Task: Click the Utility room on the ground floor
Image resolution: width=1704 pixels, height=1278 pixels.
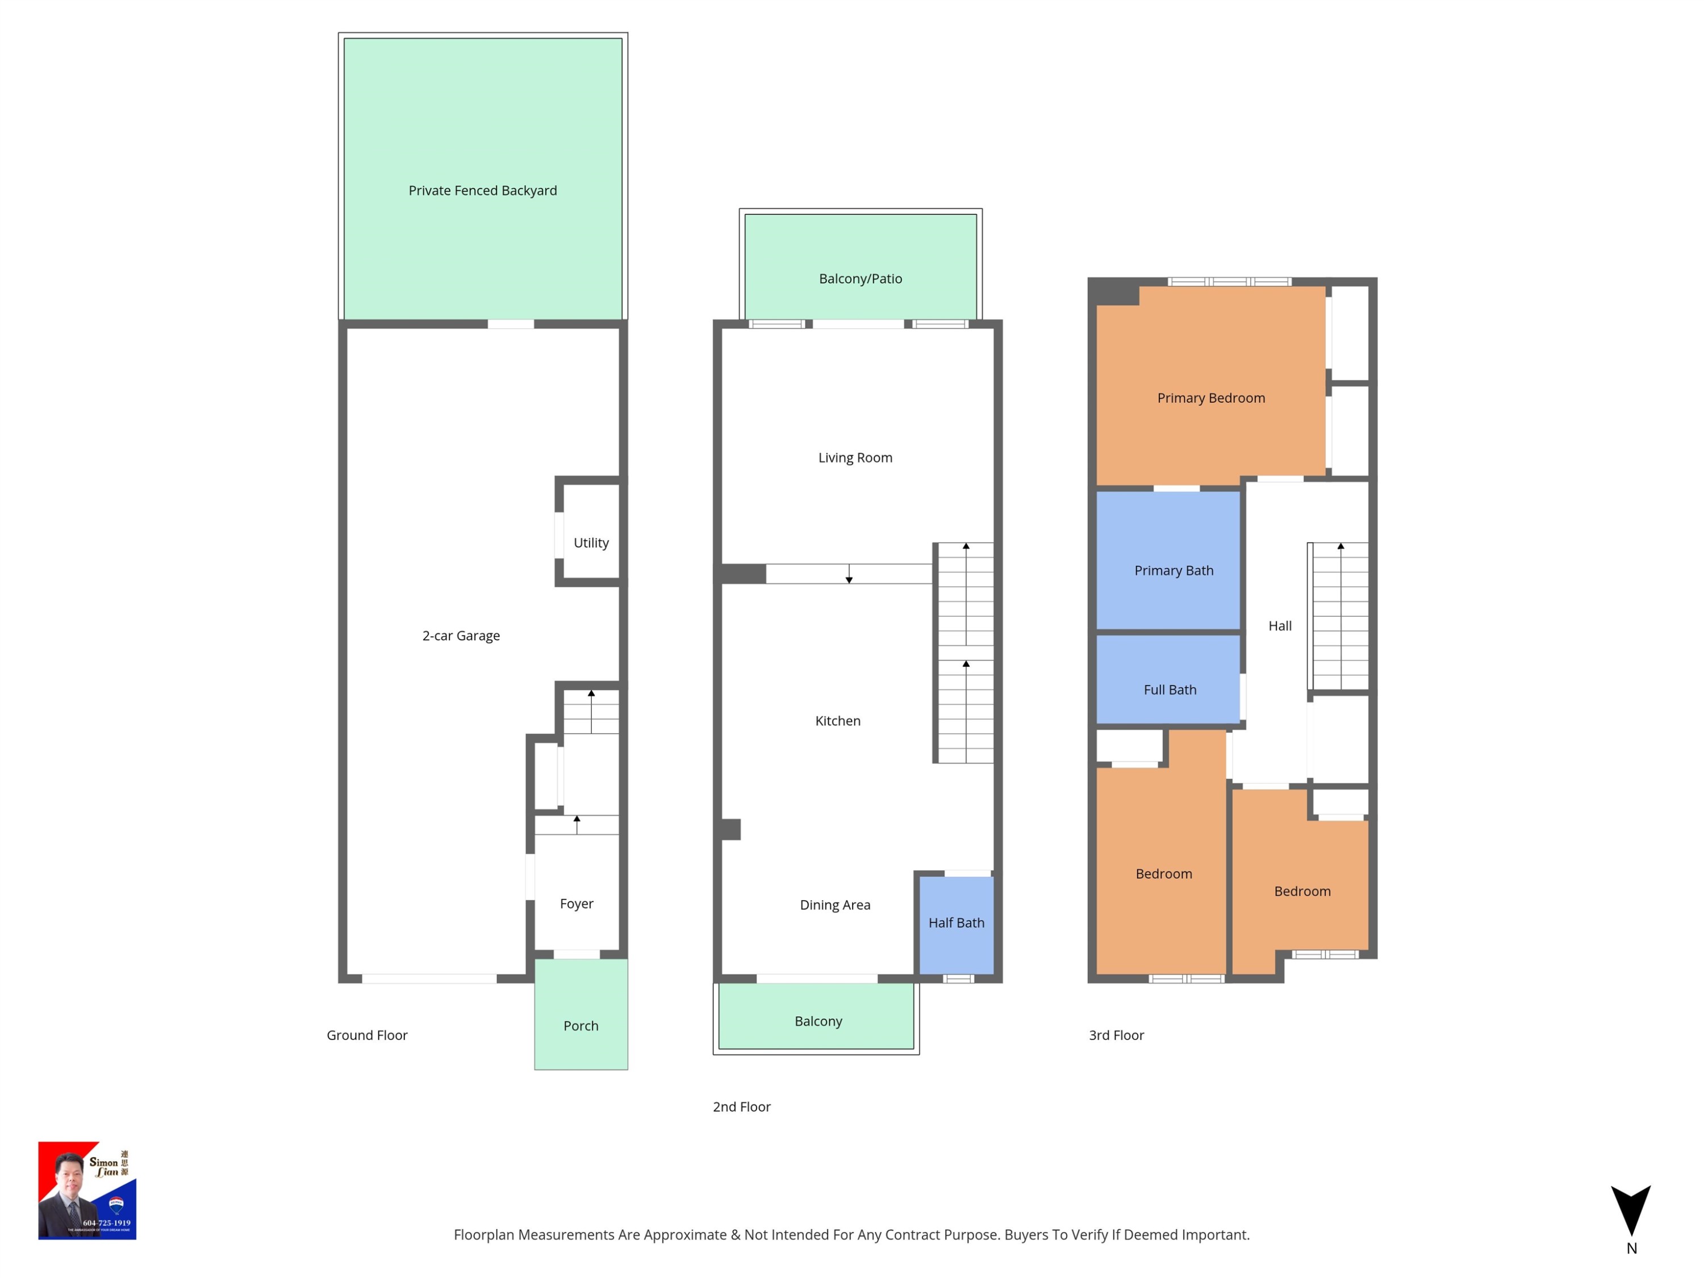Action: pyautogui.click(x=591, y=542)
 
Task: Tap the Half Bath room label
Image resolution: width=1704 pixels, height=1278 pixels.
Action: pyautogui.click(x=956, y=922)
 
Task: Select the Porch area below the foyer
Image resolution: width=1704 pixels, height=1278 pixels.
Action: pyautogui.click(x=581, y=1025)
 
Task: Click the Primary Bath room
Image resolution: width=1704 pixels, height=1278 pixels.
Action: pyautogui.click(x=1173, y=570)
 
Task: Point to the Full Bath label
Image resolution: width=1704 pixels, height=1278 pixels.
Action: pyautogui.click(x=1170, y=690)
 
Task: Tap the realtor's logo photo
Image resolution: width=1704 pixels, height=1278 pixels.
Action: pyautogui.click(x=87, y=1190)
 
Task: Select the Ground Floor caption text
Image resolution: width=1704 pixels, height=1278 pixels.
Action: pyautogui.click(x=367, y=1034)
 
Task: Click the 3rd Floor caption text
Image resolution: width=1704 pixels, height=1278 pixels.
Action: pyautogui.click(x=1116, y=1034)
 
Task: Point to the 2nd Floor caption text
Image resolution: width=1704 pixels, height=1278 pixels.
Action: pyautogui.click(x=741, y=1106)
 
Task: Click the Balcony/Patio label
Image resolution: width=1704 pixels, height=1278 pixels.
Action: pyautogui.click(x=860, y=278)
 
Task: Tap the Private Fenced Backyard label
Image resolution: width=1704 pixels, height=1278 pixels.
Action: pyautogui.click(x=482, y=190)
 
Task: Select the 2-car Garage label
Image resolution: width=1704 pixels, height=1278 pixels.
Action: pyautogui.click(x=461, y=636)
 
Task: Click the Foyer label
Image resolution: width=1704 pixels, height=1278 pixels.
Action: pyautogui.click(x=576, y=903)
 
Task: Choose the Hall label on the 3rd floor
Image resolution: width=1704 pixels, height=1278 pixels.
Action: pyautogui.click(x=1280, y=625)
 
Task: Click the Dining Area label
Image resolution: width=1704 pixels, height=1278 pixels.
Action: pyautogui.click(x=834, y=904)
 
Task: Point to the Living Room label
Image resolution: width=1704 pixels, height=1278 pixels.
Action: pyautogui.click(x=855, y=457)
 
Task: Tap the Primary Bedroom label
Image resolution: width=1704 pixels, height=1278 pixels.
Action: pyautogui.click(x=1210, y=398)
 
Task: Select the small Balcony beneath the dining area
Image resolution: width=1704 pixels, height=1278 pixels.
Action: pyautogui.click(x=817, y=1021)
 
